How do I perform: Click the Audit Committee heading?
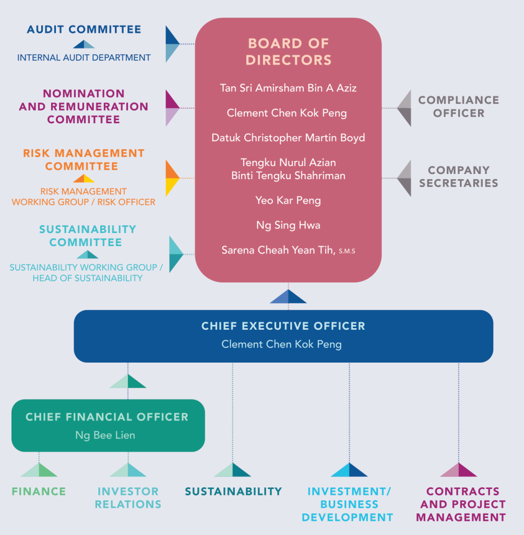point(84,29)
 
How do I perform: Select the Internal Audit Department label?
point(84,57)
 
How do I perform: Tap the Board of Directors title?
point(289,52)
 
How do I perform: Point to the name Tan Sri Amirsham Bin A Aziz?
point(288,88)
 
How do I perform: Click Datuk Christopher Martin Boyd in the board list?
point(288,138)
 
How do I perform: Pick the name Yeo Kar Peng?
point(288,200)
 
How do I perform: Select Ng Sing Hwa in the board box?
point(288,225)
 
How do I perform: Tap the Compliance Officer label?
point(458,106)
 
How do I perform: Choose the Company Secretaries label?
point(458,176)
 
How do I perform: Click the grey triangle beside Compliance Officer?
point(404,108)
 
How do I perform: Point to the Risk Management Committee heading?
point(84,159)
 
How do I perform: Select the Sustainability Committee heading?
point(87,235)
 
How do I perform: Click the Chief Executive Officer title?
point(283,326)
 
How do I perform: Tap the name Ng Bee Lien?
point(105,435)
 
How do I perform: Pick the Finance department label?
point(39,491)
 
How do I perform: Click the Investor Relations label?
point(128,497)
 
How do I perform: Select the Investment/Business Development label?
point(349,504)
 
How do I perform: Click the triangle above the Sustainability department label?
point(233,470)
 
